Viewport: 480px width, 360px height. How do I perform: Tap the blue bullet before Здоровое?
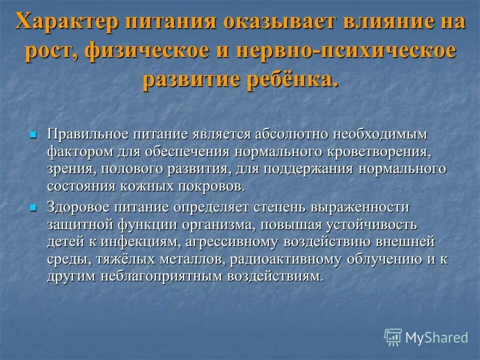tap(33, 207)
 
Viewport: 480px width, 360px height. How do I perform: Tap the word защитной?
tap(80, 224)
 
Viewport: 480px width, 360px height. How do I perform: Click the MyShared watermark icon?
tap(393, 337)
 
